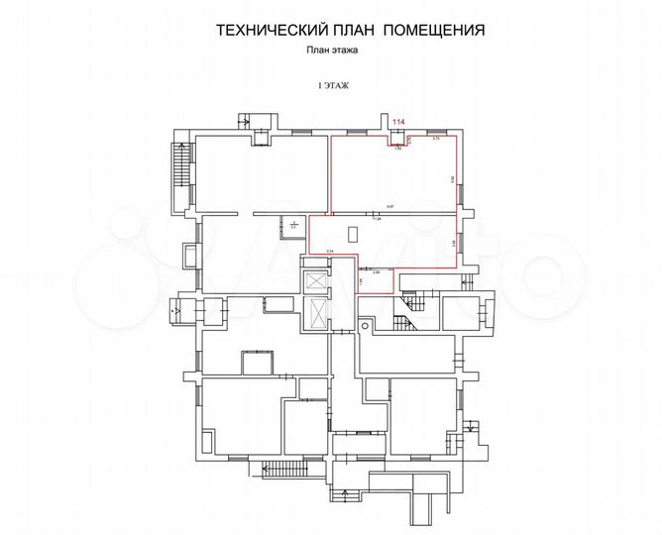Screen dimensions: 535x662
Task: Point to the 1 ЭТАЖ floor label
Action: click(332, 87)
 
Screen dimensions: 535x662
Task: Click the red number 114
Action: click(398, 121)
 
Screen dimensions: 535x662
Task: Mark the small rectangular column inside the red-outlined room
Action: click(353, 234)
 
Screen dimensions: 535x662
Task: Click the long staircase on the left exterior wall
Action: click(179, 162)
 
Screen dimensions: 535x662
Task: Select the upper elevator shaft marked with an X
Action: click(316, 281)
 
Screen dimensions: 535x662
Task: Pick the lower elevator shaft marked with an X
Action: click(316, 311)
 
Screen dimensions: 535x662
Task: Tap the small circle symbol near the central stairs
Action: click(364, 321)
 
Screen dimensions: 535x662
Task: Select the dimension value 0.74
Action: click(329, 252)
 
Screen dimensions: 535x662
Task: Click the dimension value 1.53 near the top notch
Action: click(397, 149)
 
